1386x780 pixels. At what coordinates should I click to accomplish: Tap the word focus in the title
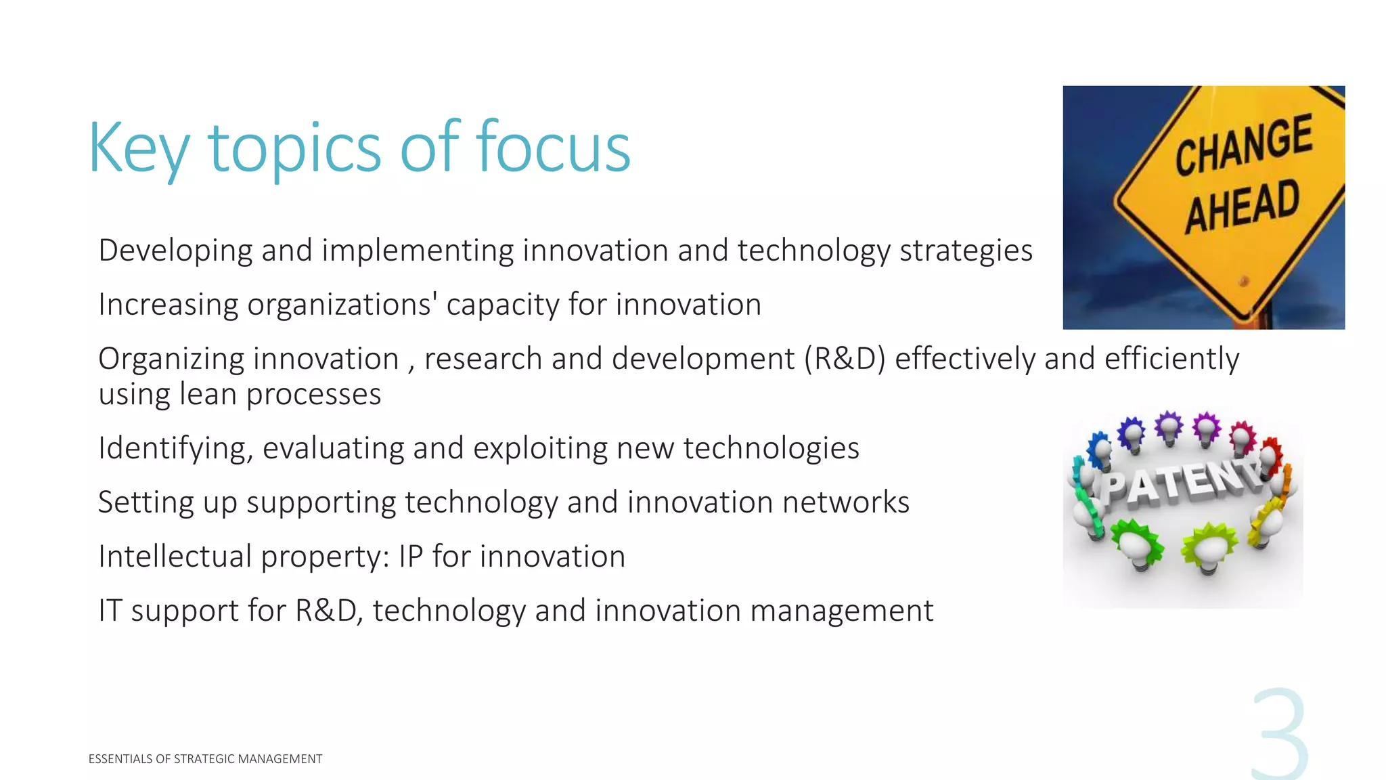553,148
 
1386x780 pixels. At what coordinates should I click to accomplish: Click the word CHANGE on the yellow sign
1244,144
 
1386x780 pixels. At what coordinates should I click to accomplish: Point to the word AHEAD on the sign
1242,206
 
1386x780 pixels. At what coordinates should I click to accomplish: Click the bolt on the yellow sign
1243,280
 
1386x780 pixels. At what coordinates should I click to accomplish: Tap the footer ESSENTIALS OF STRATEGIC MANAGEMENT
205,759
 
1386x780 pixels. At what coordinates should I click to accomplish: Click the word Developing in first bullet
175,251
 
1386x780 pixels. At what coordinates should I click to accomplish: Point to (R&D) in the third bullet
845,359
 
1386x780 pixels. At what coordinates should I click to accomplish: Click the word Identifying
175,449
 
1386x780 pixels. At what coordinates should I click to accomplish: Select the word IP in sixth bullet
411,557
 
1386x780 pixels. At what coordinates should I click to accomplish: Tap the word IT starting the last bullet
110,611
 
